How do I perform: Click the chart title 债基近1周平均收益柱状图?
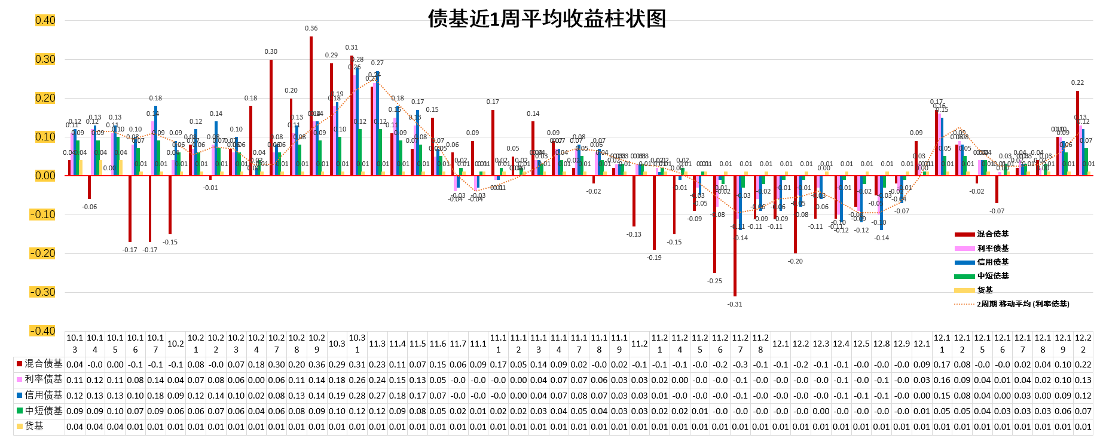point(546,19)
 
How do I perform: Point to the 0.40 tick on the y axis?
point(45,20)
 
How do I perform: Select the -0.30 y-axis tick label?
point(42,292)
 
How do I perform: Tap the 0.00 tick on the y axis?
point(45,176)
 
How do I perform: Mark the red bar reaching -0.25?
point(714,224)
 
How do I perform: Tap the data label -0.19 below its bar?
point(654,258)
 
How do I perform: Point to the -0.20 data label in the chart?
point(795,261)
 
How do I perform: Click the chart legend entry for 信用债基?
point(992,262)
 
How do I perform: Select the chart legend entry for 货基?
point(985,290)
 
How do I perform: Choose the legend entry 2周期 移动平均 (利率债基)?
point(1023,304)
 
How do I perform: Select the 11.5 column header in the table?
point(417,344)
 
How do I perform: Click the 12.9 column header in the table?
point(902,344)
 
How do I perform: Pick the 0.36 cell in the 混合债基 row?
point(317,364)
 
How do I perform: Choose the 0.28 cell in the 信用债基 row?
point(357,395)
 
